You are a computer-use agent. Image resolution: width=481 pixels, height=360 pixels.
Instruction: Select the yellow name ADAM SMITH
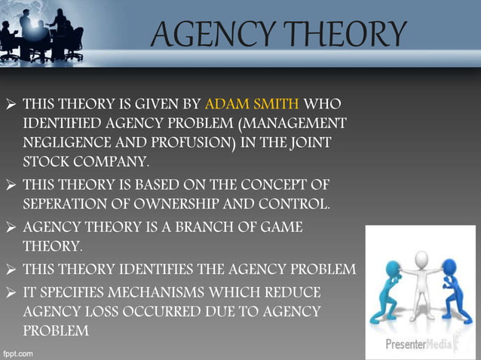[x=252, y=102]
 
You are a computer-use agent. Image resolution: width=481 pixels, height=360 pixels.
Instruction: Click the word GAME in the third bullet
[x=274, y=227]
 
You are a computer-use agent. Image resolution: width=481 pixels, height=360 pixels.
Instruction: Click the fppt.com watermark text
[x=19, y=352]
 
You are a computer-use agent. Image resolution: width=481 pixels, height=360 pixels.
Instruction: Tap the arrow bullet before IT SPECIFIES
[x=11, y=292]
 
